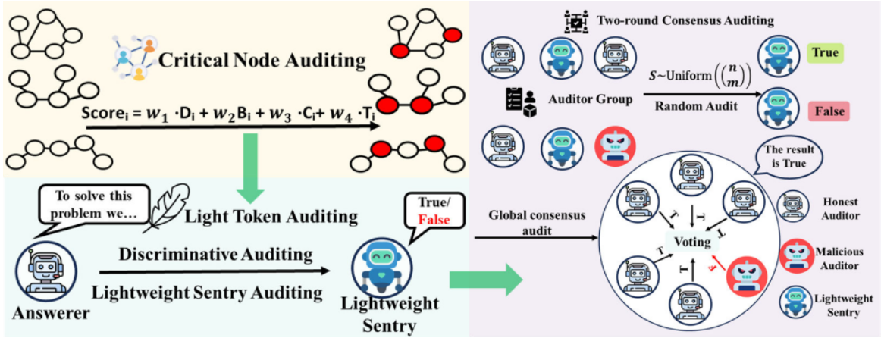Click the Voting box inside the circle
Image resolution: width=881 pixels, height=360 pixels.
[694, 243]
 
